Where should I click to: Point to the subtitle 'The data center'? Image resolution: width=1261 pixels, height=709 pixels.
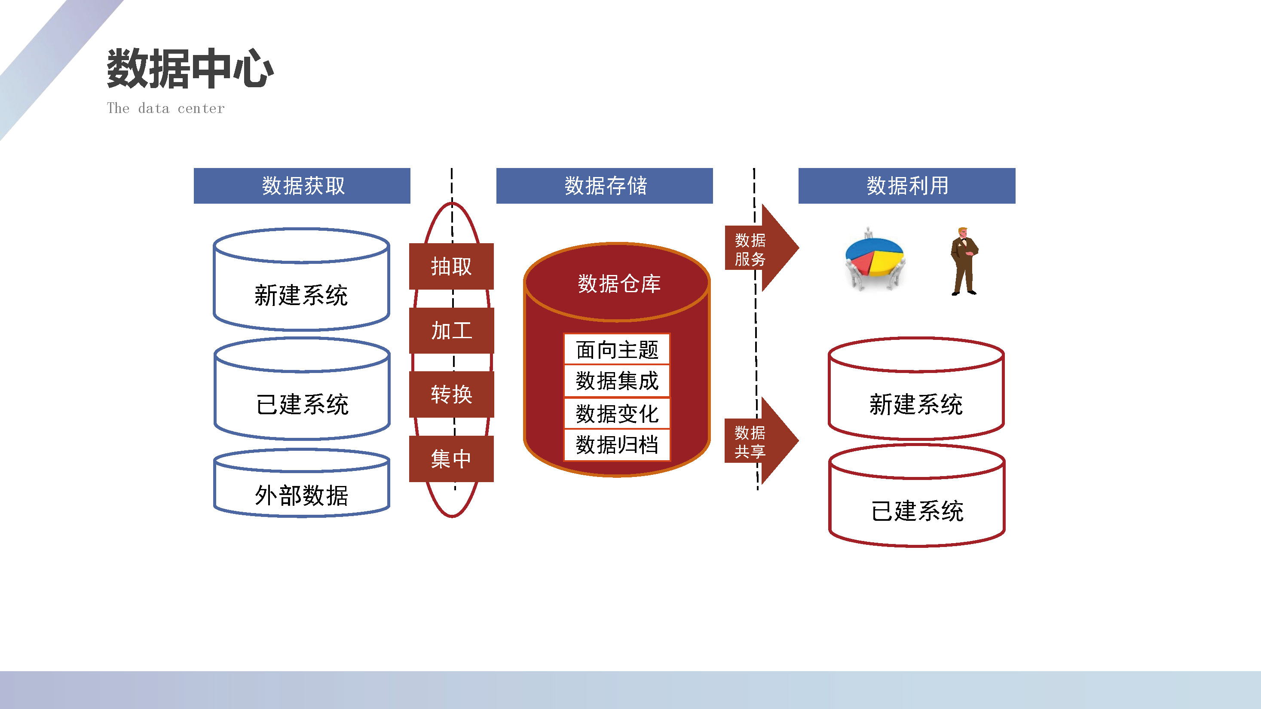[x=165, y=108]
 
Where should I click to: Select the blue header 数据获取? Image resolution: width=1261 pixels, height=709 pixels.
[x=302, y=186]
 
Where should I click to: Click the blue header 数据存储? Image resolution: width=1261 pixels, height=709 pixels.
[x=605, y=186]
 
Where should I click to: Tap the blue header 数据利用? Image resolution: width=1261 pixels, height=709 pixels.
[x=906, y=186]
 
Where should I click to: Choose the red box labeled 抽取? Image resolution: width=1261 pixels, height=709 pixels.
[x=451, y=266]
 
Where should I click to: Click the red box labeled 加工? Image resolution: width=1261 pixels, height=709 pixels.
[x=451, y=330]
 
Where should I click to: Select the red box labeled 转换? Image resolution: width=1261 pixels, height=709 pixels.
[x=451, y=394]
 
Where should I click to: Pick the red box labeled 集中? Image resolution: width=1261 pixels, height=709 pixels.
[x=451, y=458]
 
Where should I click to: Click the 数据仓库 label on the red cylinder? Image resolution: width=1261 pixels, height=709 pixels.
[x=619, y=284]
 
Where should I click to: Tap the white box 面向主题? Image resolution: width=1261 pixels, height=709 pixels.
[x=617, y=349]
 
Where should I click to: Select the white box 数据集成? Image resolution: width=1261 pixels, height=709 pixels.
[x=617, y=381]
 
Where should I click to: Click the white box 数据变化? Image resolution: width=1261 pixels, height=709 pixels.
[x=617, y=413]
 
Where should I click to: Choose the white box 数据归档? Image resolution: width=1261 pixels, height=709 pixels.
[x=617, y=445]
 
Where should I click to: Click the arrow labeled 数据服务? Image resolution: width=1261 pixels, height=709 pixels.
[x=762, y=248]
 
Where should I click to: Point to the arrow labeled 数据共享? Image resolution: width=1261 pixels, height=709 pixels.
[x=762, y=441]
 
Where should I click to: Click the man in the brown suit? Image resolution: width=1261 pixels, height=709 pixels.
[x=964, y=261]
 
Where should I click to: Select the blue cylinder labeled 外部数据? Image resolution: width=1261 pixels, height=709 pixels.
[x=302, y=483]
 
